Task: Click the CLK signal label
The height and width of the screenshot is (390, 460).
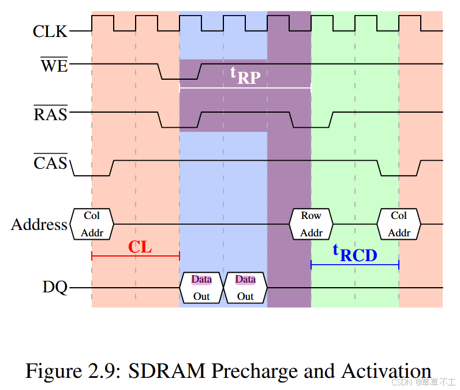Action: click(x=50, y=31)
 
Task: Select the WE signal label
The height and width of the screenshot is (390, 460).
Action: click(x=54, y=65)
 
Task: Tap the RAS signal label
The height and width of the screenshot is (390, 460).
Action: click(x=51, y=113)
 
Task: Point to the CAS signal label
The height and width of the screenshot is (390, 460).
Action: click(x=51, y=163)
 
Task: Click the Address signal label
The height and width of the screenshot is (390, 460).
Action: click(x=39, y=224)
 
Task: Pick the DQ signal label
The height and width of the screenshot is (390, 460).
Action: click(x=55, y=287)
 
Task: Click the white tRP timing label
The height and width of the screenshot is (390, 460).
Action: click(x=242, y=75)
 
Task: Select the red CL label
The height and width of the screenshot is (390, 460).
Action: click(x=140, y=247)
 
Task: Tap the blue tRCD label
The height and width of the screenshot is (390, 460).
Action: click(x=354, y=252)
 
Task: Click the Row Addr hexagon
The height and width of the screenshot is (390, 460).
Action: click(x=311, y=224)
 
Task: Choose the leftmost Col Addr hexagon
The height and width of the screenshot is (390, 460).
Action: click(x=92, y=224)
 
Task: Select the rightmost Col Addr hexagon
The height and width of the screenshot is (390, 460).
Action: click(x=399, y=224)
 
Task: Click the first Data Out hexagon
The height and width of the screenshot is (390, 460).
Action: click(x=201, y=288)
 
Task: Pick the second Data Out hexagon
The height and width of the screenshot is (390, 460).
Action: click(x=245, y=288)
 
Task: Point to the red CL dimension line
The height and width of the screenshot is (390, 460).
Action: click(x=136, y=256)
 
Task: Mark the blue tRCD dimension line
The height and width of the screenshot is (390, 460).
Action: click(x=355, y=265)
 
